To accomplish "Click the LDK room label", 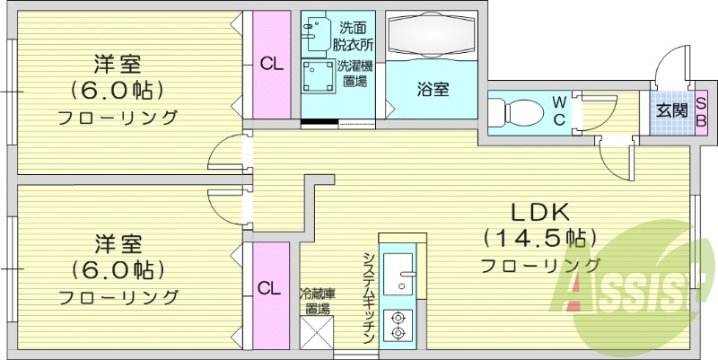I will [540, 214].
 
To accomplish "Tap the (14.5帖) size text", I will [540, 239].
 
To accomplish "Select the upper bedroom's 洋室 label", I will [118, 65].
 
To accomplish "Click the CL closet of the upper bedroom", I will [268, 64].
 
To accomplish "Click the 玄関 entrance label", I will [670, 112].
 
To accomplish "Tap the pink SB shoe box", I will [701, 112].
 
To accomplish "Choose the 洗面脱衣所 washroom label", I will [355, 34].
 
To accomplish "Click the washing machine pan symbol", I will [317, 77].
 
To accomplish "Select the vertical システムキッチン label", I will [369, 296].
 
